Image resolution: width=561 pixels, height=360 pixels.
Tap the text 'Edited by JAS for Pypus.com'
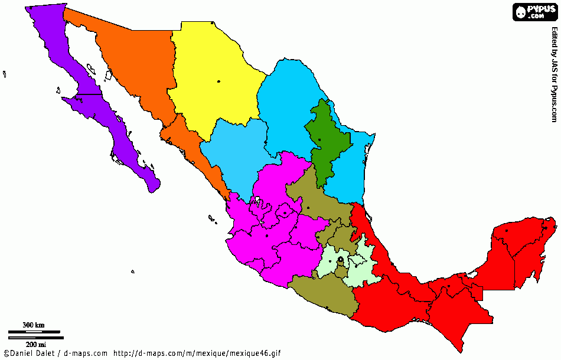tap(555, 74)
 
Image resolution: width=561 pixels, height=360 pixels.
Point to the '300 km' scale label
tap(33, 325)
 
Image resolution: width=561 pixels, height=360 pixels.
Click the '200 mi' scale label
tap(35, 344)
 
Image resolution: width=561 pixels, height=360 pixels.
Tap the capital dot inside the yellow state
tap(218, 81)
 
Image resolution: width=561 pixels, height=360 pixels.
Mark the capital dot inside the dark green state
tap(319, 140)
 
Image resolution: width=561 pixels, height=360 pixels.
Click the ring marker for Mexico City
tap(341, 260)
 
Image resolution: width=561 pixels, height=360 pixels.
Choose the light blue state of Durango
tap(233, 159)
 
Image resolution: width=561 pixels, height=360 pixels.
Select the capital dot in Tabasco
tap(449, 287)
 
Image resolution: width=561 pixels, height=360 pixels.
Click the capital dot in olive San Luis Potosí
tap(308, 208)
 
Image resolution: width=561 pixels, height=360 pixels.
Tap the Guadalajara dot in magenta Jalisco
tap(267, 236)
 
